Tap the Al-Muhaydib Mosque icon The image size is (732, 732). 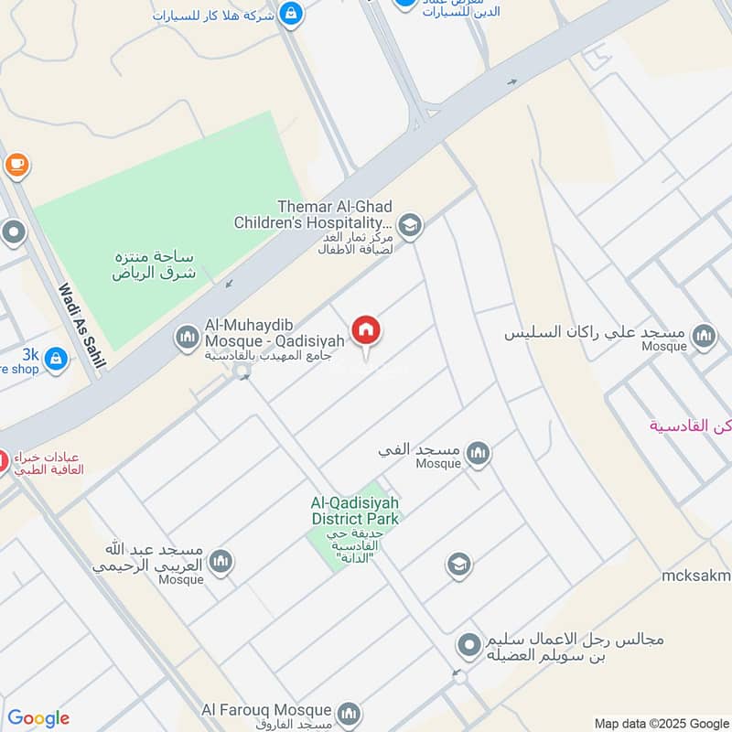coord(188,338)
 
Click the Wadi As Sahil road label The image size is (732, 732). coord(81,326)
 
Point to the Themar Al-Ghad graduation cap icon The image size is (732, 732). coord(410,225)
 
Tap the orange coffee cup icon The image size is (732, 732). coord(16,165)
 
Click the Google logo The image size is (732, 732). coord(38,718)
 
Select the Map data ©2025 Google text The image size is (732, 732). coord(662,722)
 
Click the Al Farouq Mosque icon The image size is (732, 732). coord(348,712)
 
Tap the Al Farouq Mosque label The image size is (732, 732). coord(266,710)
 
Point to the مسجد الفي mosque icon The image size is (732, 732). coord(478,452)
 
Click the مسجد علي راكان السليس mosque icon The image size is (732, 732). coord(704,336)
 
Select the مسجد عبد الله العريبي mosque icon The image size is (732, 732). coord(221,561)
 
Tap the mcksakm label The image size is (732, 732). coord(696,576)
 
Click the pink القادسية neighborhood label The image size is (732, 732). coord(691,425)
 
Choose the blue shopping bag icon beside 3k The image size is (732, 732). coord(57,358)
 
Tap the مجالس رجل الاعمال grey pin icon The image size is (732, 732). coord(469,647)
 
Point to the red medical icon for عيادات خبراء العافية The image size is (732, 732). coord(3,462)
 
